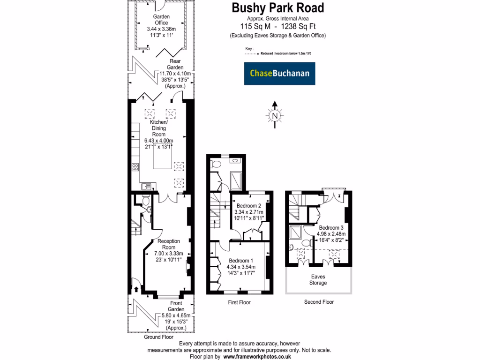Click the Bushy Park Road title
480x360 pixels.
(278, 8)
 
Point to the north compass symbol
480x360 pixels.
(275, 115)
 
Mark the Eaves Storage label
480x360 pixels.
(318, 280)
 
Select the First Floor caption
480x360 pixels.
(239, 302)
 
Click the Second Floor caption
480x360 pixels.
(319, 302)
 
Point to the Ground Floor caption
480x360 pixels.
(158, 337)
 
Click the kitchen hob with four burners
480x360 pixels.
(135, 166)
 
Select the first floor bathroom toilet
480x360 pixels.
(216, 164)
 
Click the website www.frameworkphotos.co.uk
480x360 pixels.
(257, 357)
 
